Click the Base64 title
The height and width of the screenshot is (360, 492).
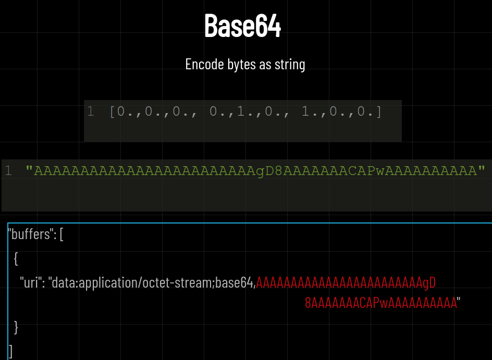tap(242, 26)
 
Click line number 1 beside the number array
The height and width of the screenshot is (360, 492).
tap(91, 111)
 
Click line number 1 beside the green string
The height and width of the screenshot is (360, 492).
tap(8, 170)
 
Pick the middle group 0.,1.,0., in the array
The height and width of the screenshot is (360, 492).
tap(242, 111)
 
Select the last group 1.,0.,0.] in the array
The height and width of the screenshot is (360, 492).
tap(342, 111)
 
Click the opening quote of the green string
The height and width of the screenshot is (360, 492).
tap(29, 170)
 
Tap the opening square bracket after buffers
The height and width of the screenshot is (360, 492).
tap(62, 234)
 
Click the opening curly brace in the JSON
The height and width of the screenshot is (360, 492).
tap(16, 258)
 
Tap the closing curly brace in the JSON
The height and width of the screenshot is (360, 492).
tap(16, 327)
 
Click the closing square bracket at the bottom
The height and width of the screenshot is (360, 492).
tap(11, 350)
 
